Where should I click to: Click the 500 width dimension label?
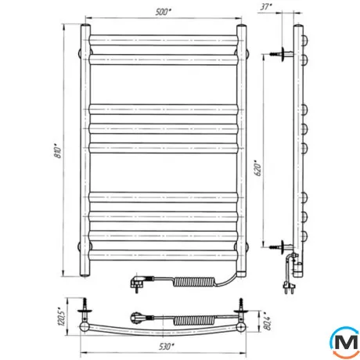[163, 13]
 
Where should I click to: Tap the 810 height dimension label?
[58, 150]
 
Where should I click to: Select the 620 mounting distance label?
[257, 168]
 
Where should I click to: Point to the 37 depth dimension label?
[266, 7]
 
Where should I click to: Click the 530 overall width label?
[166, 347]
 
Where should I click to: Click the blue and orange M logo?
[345, 343]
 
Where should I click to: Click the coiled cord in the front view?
[193, 282]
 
